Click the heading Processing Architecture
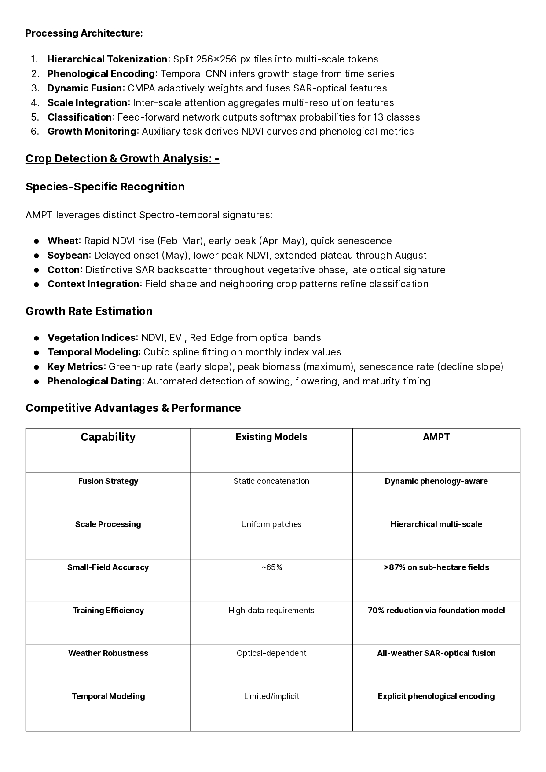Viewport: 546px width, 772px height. pos(84,33)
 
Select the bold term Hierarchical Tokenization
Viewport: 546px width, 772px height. pos(107,59)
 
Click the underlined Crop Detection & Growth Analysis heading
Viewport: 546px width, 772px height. pos(122,158)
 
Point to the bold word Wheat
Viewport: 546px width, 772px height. pos(63,241)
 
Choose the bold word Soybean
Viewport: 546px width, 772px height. pos(68,256)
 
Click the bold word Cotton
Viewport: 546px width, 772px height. pos(64,270)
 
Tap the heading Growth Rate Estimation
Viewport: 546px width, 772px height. pos(89,311)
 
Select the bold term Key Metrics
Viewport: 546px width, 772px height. pos(75,367)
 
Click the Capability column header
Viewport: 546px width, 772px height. pos(108,437)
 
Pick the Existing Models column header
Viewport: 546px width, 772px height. pos(271,437)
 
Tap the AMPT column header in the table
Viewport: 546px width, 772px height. pos(436,437)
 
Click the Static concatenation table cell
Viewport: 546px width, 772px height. pos(271,481)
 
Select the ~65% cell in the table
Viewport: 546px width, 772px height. pos(271,567)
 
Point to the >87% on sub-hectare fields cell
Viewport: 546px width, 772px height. pos(436,567)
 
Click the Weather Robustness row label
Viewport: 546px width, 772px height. pos(108,653)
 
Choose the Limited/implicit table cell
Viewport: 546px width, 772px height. pos(271,696)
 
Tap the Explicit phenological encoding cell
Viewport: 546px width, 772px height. pos(436,696)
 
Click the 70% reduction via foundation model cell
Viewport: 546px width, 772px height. pos(436,611)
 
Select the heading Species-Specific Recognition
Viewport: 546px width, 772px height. pos(105,187)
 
